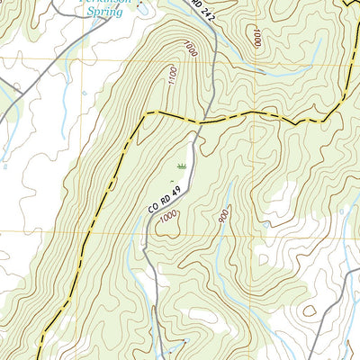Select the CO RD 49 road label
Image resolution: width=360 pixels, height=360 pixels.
(166, 193)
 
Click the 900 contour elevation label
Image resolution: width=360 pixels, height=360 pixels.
(222, 216)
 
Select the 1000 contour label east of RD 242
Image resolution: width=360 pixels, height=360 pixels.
(257, 37)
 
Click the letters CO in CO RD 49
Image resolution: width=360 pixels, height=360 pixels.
(154, 208)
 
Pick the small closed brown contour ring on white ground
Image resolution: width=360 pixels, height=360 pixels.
(310, 310)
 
